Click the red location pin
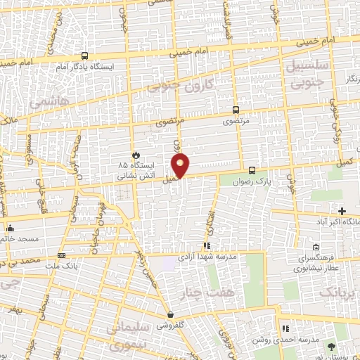181,165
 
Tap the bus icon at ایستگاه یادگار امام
85,56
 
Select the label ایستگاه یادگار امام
84,67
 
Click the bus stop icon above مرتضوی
236,110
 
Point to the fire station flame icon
135,155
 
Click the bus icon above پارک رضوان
252,170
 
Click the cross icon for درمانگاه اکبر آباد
342,211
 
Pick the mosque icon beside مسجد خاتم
10,228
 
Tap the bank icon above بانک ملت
62,255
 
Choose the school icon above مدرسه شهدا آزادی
207,245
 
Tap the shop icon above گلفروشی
170,314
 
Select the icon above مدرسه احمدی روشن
285,328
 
